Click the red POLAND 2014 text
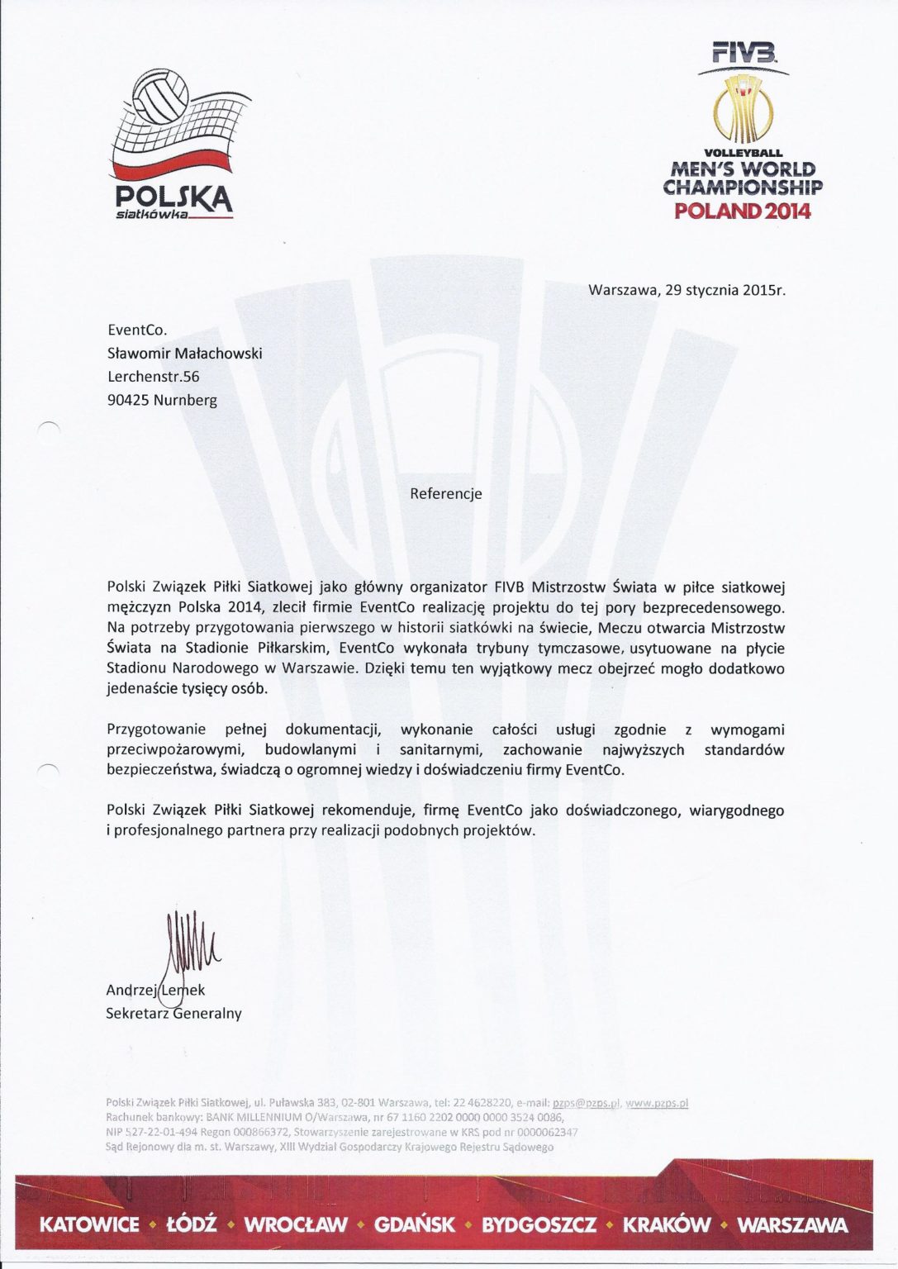coord(742,211)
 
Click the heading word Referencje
coord(446,494)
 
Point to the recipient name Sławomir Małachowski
coord(185,354)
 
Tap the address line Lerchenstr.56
coord(154,377)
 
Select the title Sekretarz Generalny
coord(173,1013)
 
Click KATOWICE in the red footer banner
coord(89,1224)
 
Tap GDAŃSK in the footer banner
coord(415,1224)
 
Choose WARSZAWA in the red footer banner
coord(792,1224)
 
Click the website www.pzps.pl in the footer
coord(658,1102)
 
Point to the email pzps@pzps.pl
coord(586,1102)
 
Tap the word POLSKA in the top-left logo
coord(174,197)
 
